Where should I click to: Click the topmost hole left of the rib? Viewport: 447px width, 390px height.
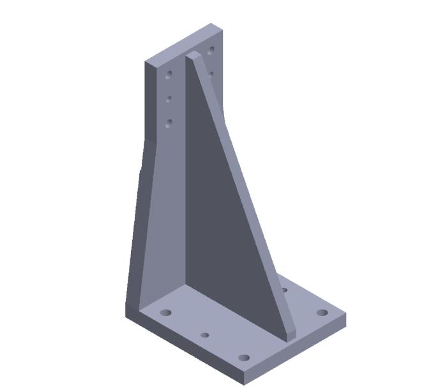point(169,75)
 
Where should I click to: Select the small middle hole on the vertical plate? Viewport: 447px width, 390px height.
point(169,99)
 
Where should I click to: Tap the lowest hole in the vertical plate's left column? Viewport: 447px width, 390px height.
point(169,123)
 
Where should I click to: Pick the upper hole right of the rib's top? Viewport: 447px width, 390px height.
point(211,50)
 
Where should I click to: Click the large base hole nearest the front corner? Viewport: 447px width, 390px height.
point(243,357)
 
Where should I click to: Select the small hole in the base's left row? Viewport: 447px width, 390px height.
point(204,335)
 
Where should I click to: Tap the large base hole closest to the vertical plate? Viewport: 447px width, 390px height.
point(166,313)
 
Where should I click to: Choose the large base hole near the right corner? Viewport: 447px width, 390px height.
point(322,313)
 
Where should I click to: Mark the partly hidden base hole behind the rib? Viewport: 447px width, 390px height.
point(284,290)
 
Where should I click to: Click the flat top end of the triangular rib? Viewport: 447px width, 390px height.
point(194,57)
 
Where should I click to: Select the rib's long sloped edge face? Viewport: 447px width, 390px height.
point(243,191)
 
